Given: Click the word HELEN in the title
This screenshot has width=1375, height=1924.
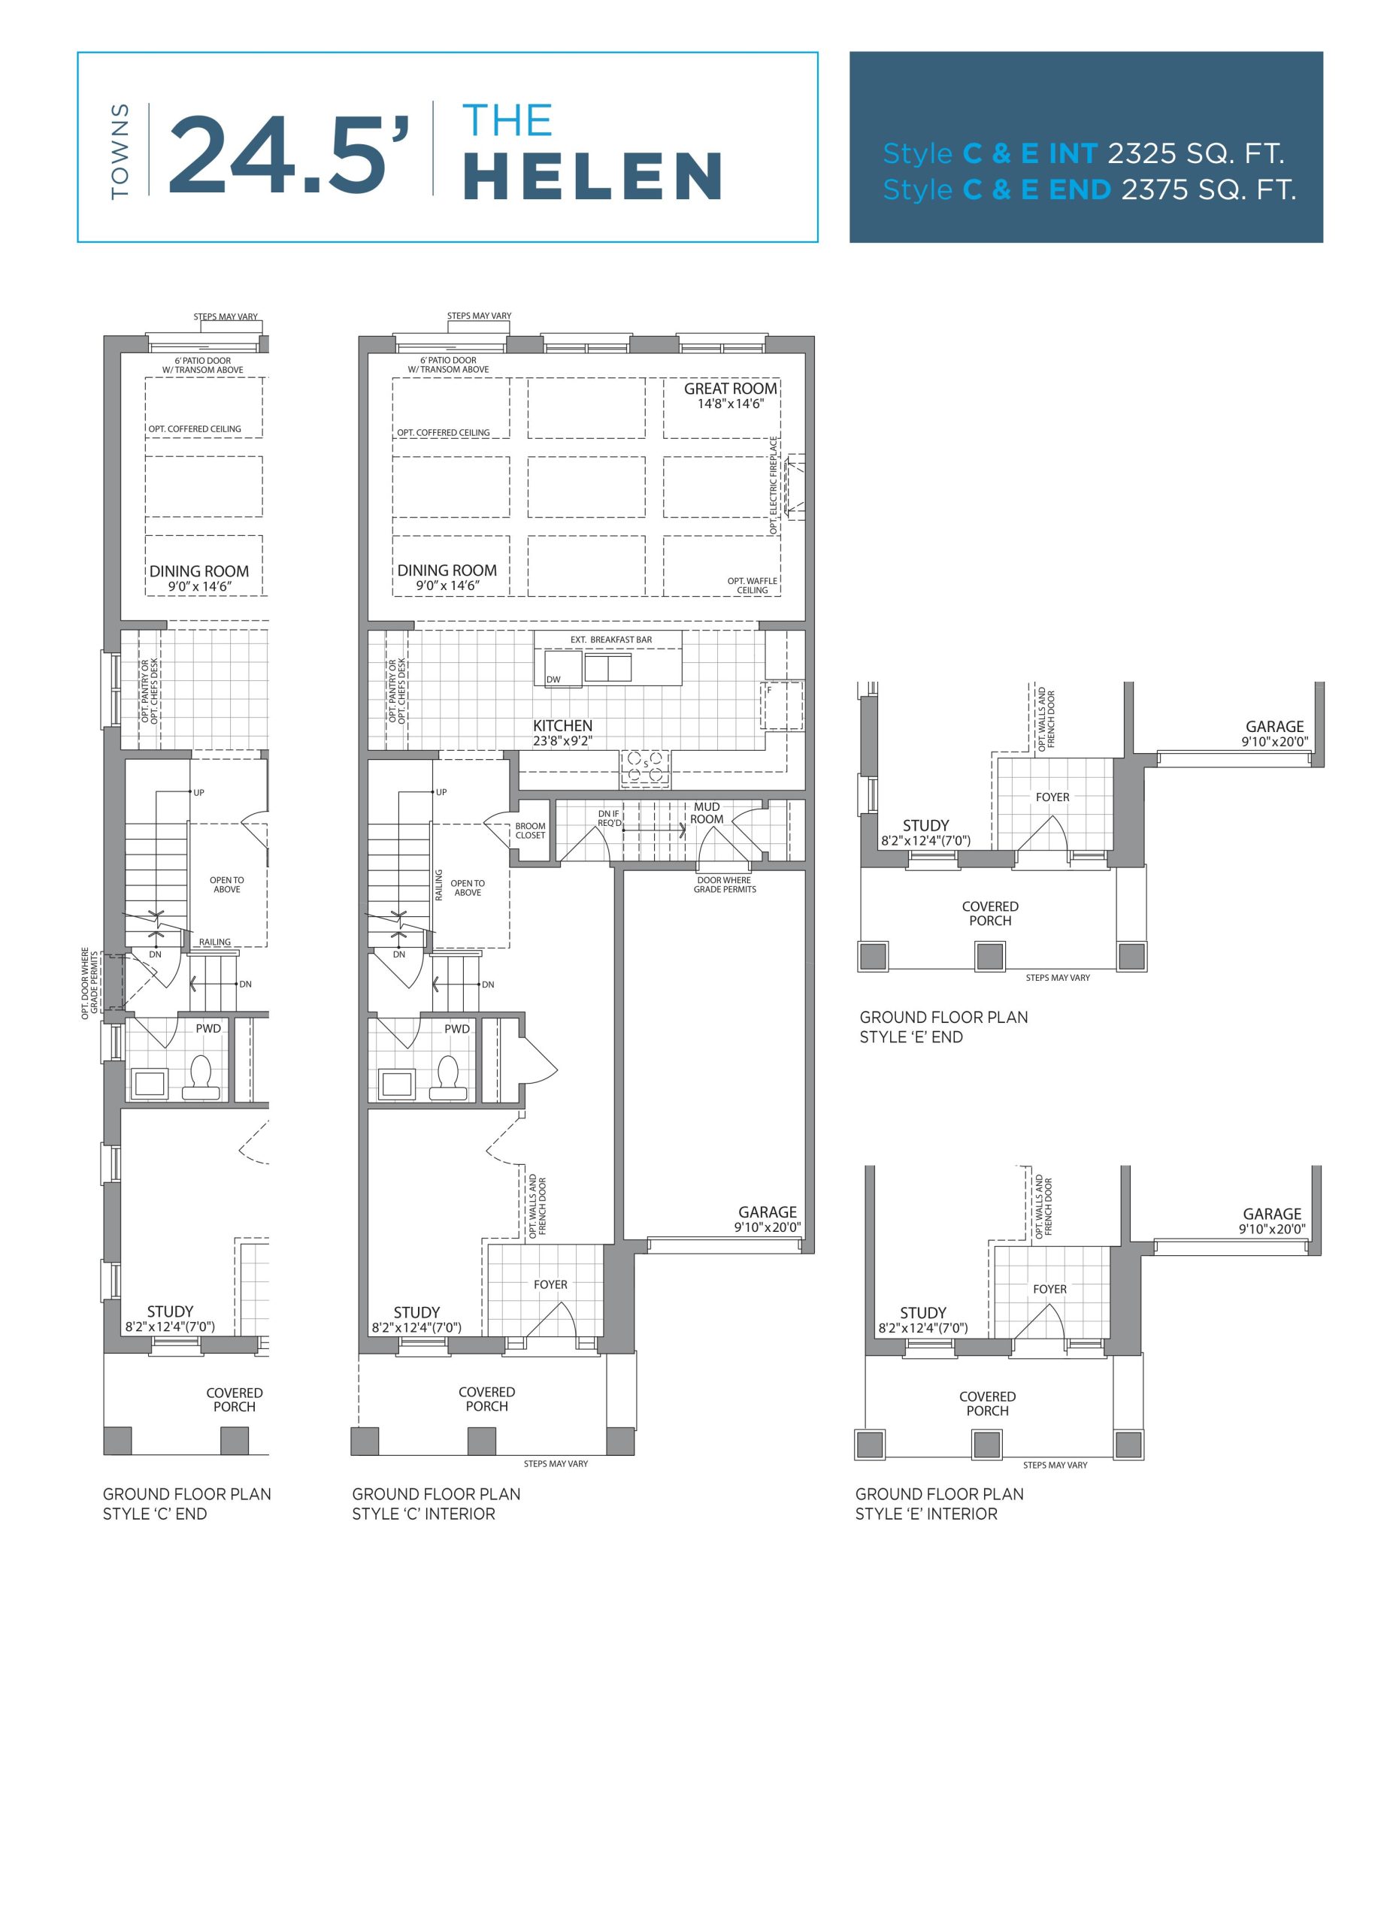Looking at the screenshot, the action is pos(592,176).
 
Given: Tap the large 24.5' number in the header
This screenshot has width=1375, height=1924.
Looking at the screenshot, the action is pos(289,153).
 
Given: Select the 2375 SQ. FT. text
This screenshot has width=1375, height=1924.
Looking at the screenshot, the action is pos(1208,189).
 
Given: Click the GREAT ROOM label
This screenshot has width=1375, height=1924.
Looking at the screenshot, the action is pos(730,389).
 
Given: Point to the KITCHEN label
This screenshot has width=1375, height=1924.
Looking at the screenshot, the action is pos(562,725).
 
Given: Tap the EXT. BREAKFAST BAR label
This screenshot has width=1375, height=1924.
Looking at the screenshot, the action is pos(611,640).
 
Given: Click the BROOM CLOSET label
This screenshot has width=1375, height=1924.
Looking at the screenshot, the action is pos(530,830).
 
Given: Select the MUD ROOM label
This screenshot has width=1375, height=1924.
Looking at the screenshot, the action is pos(707,812).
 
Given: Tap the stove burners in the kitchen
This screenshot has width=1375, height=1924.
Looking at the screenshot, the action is pos(645,766).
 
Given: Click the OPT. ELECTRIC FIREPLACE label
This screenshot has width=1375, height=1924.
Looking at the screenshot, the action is pos(773,486).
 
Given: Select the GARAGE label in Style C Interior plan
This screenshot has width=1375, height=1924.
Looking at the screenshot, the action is pos(767,1212).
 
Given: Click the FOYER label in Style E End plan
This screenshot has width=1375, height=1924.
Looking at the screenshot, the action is pos(1052,797).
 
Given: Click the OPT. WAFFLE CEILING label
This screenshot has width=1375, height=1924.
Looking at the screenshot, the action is pos(752,585).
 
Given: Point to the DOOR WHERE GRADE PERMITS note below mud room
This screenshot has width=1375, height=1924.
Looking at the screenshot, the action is pos(725,885).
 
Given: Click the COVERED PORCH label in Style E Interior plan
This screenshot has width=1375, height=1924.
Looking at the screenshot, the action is pos(987,1403).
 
